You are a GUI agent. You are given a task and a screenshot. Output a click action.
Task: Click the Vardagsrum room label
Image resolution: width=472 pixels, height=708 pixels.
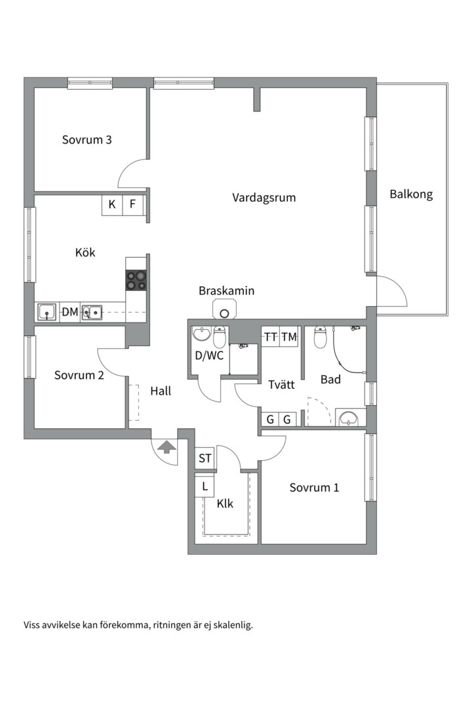click(x=264, y=198)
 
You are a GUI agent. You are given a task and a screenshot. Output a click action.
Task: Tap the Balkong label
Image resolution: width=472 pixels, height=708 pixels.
click(x=411, y=194)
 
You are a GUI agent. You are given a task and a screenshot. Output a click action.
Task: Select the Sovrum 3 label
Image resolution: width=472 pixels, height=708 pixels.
click(x=87, y=140)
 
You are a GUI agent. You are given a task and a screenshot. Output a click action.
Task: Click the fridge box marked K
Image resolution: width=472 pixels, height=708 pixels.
click(x=112, y=205)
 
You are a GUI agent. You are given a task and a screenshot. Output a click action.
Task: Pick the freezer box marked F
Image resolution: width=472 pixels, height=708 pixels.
click(x=133, y=205)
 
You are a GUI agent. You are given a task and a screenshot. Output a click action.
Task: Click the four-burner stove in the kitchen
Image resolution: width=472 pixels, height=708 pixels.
click(x=136, y=280)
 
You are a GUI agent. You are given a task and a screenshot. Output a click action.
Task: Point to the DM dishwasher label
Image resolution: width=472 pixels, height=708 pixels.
click(x=70, y=312)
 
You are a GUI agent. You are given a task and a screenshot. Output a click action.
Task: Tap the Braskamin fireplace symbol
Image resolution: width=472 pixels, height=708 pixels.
click(x=224, y=311)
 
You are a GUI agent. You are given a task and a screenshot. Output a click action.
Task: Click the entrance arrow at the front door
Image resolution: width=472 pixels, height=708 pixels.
click(x=167, y=448)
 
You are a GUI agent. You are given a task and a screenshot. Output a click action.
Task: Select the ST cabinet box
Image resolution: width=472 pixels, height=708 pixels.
click(x=205, y=458)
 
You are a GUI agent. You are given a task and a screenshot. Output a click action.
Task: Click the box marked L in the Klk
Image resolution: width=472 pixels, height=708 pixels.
click(x=205, y=486)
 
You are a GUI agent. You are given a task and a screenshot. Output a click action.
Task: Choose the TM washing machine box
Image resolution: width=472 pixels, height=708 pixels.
click(x=289, y=337)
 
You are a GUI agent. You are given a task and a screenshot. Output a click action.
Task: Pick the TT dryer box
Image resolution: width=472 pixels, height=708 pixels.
click(x=271, y=337)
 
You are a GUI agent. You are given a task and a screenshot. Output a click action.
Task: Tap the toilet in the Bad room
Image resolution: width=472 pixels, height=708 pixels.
click(x=320, y=337)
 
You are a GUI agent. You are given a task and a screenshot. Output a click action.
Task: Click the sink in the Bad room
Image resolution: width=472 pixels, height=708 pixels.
click(x=349, y=418)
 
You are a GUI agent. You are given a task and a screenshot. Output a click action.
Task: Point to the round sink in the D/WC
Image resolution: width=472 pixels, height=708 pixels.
click(x=201, y=334)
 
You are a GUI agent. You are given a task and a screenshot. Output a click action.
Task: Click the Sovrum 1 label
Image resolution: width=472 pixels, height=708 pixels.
click(x=314, y=488)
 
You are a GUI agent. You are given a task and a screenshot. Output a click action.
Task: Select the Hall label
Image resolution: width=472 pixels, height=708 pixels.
click(x=161, y=391)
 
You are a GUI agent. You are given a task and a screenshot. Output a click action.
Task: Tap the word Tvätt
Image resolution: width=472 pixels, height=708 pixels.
click(x=281, y=385)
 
